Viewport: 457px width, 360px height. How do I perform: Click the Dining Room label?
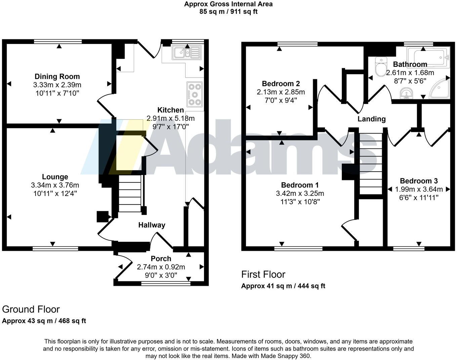(57, 77)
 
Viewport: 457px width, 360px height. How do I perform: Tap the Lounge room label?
(55, 177)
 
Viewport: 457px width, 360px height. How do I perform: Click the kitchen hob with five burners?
(195, 94)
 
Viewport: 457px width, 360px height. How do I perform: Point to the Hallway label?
(152, 225)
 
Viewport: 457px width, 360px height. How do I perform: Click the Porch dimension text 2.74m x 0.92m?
(161, 267)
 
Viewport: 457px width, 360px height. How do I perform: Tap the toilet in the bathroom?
(381, 66)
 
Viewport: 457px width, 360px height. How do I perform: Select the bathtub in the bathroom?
(428, 57)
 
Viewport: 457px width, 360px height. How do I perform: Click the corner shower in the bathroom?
(440, 89)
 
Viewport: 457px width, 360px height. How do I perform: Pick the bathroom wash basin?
(406, 94)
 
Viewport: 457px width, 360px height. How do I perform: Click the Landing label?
(371, 119)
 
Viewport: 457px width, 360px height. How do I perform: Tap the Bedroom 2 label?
(281, 84)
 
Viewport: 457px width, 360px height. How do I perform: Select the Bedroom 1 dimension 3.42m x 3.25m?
(300, 193)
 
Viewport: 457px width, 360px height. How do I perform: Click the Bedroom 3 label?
(419, 181)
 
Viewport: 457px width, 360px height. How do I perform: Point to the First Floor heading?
(263, 274)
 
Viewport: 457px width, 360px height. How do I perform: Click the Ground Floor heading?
(31, 309)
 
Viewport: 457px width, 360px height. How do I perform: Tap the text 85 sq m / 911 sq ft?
(228, 11)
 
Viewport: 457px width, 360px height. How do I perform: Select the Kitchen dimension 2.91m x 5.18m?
(170, 118)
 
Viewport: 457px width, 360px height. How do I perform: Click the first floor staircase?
(371, 163)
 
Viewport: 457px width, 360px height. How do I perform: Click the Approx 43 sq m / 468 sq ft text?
(44, 321)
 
